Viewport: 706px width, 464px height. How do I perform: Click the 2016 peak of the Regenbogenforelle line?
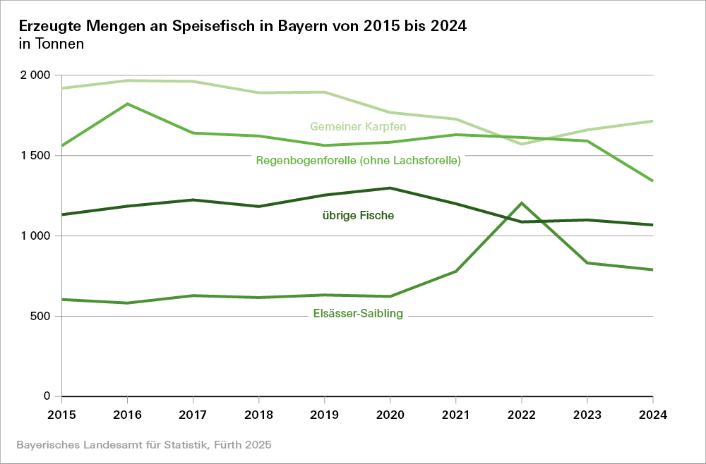click(x=127, y=104)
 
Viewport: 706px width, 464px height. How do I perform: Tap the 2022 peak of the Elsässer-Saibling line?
click(x=521, y=203)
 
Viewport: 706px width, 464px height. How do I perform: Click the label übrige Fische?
click(x=353, y=216)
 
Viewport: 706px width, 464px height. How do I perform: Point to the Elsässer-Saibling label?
click(x=357, y=314)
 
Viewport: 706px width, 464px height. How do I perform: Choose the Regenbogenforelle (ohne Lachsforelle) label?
click(x=358, y=160)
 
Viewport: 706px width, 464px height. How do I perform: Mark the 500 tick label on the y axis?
click(x=40, y=316)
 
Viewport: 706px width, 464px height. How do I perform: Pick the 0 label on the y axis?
click(x=47, y=396)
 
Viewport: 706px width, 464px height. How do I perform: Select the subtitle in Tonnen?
click(x=52, y=44)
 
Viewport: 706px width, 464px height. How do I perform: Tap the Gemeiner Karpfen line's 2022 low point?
click(x=521, y=144)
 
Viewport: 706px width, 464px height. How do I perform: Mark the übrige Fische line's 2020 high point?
click(x=390, y=188)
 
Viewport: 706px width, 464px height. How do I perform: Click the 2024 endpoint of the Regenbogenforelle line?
click(x=652, y=181)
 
